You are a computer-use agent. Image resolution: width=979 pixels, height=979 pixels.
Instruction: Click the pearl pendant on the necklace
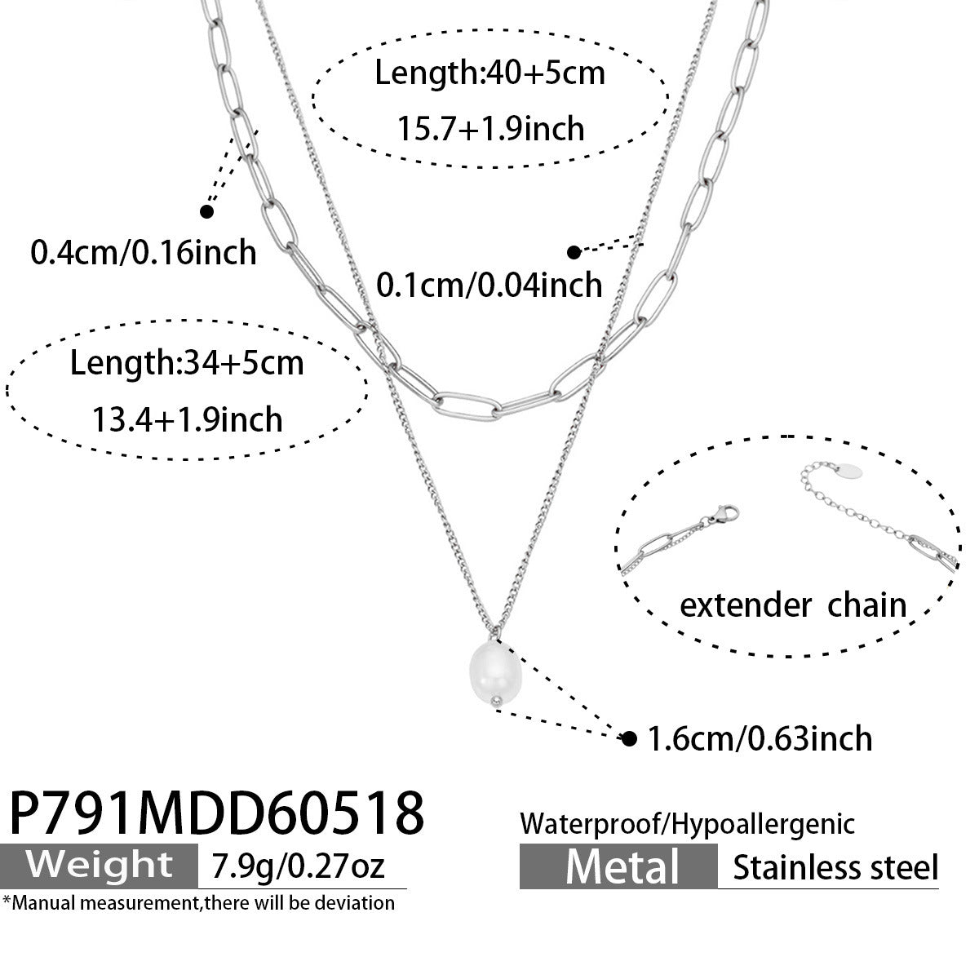point(494,673)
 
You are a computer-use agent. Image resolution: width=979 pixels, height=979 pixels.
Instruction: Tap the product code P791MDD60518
point(216,813)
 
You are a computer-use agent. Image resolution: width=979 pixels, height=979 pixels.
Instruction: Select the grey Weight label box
point(99,866)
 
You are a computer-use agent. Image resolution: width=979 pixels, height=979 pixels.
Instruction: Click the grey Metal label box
point(618,866)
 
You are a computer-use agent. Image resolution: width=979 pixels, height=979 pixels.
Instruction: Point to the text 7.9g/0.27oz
point(298,866)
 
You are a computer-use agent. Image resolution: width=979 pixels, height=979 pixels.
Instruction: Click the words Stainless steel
point(835,867)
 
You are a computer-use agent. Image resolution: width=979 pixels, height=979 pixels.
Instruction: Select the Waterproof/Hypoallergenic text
point(687,824)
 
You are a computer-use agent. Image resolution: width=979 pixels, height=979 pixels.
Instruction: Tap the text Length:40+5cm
point(489,73)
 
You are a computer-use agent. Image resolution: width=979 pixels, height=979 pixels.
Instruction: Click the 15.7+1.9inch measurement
point(490,129)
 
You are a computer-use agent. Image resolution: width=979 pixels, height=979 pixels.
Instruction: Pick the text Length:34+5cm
point(187,363)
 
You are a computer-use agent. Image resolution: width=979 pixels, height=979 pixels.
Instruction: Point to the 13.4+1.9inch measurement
point(187,419)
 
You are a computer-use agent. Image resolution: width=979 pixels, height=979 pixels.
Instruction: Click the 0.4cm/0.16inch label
point(144,252)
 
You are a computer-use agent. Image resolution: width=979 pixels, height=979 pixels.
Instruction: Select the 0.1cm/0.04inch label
point(489,285)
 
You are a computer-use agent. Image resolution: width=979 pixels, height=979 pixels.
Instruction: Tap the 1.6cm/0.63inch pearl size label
point(760,738)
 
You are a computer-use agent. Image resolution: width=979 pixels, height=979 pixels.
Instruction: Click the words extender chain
point(793,605)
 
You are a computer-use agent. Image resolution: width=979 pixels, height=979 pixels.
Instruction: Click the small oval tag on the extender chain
point(848,471)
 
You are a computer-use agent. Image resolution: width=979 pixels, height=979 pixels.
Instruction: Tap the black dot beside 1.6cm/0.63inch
point(629,738)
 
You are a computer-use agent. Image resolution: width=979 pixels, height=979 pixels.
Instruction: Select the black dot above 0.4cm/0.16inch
point(206,211)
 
